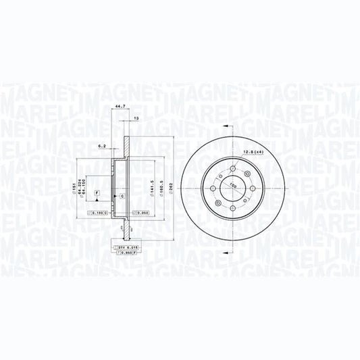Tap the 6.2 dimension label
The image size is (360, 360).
[x=103, y=146]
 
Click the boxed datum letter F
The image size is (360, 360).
[x=97, y=194]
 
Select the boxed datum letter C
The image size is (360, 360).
[x=122, y=196]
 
